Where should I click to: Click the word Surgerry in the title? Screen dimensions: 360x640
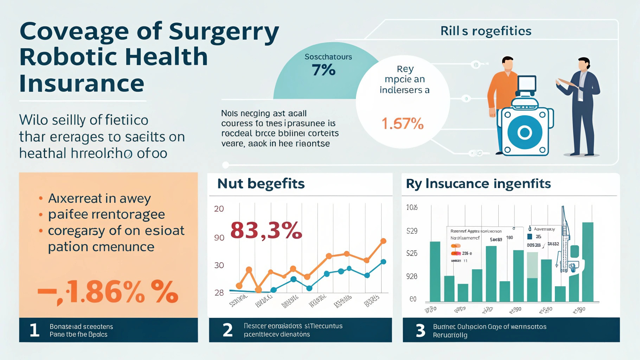pos(224,32)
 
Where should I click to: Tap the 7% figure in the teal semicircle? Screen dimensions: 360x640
pos(324,70)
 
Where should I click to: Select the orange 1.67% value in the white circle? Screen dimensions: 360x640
pos(403,124)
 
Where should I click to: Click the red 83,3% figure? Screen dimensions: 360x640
pos(266,230)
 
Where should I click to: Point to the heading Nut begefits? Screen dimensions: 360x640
pos(261,184)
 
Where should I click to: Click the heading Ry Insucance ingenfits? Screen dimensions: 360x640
pos(478,184)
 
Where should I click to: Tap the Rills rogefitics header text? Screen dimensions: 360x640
pos(486,31)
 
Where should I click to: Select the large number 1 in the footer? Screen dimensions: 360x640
pos(34,330)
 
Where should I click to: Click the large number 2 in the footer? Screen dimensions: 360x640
pos(228,330)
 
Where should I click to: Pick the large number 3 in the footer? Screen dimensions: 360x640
pos(421,330)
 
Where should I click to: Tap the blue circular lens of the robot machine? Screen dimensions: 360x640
pos(524,132)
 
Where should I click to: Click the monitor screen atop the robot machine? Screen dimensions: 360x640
pos(527,83)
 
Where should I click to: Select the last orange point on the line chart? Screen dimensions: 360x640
pos(383,241)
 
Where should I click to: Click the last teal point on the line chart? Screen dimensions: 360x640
pos(384,262)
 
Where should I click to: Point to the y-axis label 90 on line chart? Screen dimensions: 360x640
pos(219,238)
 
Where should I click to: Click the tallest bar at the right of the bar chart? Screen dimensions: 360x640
pos(588,262)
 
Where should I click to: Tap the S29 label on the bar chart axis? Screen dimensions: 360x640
pos(412,231)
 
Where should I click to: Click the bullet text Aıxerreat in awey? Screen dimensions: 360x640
pos(100,198)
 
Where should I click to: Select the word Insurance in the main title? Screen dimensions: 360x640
pos(82,84)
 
